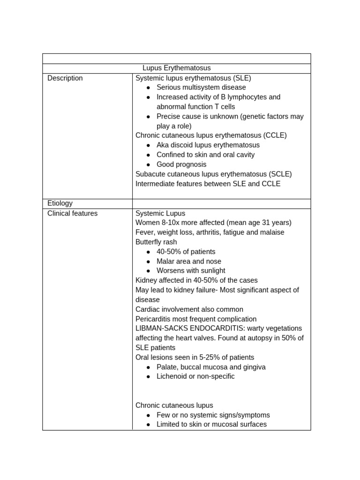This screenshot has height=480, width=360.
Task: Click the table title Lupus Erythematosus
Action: pos(176,68)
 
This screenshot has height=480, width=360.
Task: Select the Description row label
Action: pos(65,78)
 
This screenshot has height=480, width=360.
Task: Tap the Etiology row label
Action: pos(60,203)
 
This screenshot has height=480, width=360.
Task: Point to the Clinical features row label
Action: pos(73,213)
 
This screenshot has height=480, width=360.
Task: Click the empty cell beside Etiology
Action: pos(221,203)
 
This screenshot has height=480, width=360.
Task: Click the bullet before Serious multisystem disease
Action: pos(148,88)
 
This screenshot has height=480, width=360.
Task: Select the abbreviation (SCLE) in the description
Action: pos(280,174)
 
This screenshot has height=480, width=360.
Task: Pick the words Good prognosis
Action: pos(181,165)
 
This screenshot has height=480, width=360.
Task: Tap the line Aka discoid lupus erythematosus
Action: pos(208,145)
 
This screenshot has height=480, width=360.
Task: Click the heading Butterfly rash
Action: pos(156,242)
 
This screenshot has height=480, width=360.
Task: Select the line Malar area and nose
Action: pos(189,262)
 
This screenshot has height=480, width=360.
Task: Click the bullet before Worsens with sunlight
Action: pos(148,271)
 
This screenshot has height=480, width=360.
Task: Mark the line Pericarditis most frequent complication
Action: pos(196,319)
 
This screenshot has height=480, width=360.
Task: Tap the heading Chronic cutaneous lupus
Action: pos(174,405)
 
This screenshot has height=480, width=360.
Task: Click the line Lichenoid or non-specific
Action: pos(195,376)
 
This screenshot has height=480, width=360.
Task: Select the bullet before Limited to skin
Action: pos(148,425)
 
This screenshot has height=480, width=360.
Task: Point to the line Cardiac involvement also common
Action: pos(189,309)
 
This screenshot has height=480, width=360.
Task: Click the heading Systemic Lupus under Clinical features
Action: pos(160,213)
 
